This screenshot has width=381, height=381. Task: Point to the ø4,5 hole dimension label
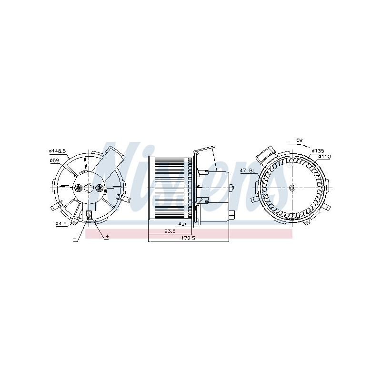click(x=60, y=223)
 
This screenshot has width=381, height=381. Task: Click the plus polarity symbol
click(x=107, y=236)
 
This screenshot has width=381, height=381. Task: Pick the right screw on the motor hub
click(x=99, y=188)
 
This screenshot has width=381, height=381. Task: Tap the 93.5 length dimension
click(x=169, y=231)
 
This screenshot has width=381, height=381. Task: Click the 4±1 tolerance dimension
click(x=182, y=223)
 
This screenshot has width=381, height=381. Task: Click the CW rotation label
click(x=300, y=140)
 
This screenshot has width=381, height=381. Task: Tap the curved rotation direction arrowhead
click(x=309, y=147)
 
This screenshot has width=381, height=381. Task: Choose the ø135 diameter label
click(x=318, y=151)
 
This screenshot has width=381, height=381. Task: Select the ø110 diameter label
click(x=324, y=157)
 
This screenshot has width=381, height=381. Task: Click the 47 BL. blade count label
click(x=249, y=170)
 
